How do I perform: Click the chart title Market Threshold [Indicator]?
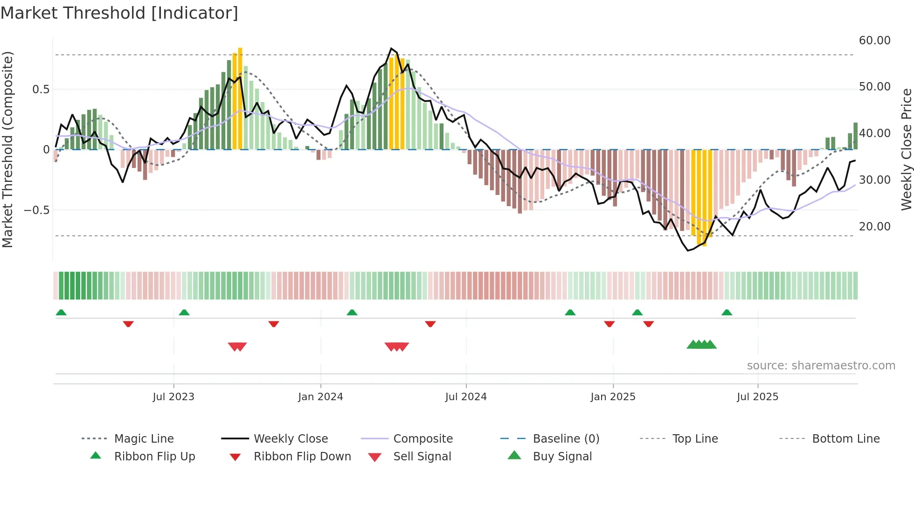tap(119, 13)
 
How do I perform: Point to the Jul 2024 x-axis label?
tap(466, 397)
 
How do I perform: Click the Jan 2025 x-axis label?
tap(613, 397)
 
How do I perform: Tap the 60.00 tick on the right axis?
tap(874, 41)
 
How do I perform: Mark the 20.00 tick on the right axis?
tap(874, 227)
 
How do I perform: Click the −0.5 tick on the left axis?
tap(37, 210)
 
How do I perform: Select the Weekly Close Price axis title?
tap(906, 149)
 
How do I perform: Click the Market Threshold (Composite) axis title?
tap(7, 149)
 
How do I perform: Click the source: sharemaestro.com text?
tap(821, 366)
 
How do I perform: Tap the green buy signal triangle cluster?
tap(701, 345)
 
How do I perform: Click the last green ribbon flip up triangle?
tap(727, 313)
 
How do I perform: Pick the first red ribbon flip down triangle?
tap(128, 324)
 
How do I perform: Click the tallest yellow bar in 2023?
tap(240, 98)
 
